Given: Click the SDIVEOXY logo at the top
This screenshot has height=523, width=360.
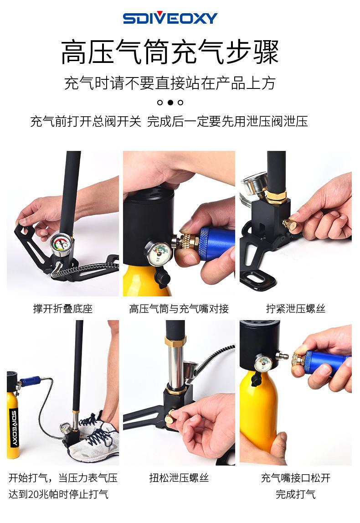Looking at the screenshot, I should [x=170, y=18].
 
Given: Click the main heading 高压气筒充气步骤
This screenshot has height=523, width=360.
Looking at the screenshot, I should [x=170, y=52].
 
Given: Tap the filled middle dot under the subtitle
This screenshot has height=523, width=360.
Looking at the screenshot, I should [x=170, y=102].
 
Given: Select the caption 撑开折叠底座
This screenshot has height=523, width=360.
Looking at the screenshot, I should [x=62, y=309].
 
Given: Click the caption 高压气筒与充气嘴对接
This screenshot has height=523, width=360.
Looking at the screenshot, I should [x=179, y=309].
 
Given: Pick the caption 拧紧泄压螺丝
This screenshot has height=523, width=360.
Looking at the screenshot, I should [x=296, y=309].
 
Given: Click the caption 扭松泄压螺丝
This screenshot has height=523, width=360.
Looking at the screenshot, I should [x=179, y=478].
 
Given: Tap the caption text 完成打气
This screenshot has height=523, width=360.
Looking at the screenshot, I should [x=295, y=494].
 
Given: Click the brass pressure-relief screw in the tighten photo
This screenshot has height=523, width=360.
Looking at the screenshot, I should [x=289, y=224].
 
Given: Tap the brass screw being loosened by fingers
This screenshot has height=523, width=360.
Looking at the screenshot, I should [x=171, y=415].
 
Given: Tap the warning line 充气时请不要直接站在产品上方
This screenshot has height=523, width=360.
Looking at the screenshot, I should [x=170, y=83].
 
